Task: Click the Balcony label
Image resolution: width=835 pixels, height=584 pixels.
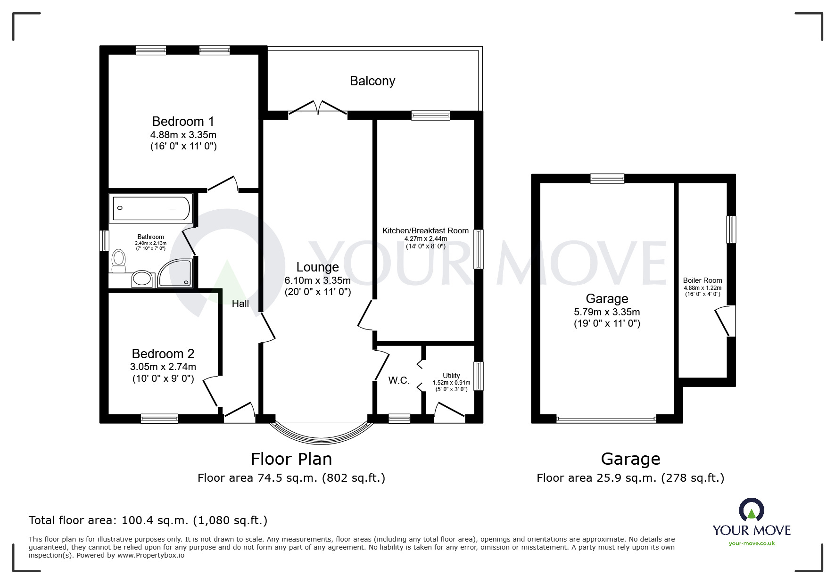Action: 372,81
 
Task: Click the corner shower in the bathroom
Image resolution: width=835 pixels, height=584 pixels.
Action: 175,273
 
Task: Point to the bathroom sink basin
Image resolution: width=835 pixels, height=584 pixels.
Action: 141,279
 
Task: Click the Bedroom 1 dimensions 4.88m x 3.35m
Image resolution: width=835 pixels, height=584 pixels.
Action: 183,135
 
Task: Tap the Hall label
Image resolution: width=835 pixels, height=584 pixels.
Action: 240,304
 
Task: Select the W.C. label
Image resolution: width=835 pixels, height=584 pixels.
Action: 399,380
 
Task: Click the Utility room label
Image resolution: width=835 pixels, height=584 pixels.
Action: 451,376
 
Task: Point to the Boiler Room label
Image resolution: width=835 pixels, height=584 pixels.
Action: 702,280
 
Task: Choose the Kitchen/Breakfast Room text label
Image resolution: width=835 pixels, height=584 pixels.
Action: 425,231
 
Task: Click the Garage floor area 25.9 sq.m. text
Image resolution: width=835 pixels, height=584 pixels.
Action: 630,478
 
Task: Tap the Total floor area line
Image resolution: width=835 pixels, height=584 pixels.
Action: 148,520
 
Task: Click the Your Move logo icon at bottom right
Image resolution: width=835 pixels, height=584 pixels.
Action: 751,510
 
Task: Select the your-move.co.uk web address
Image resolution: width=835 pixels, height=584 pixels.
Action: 752,543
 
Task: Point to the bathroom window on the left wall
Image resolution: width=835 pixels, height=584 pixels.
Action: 104,240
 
